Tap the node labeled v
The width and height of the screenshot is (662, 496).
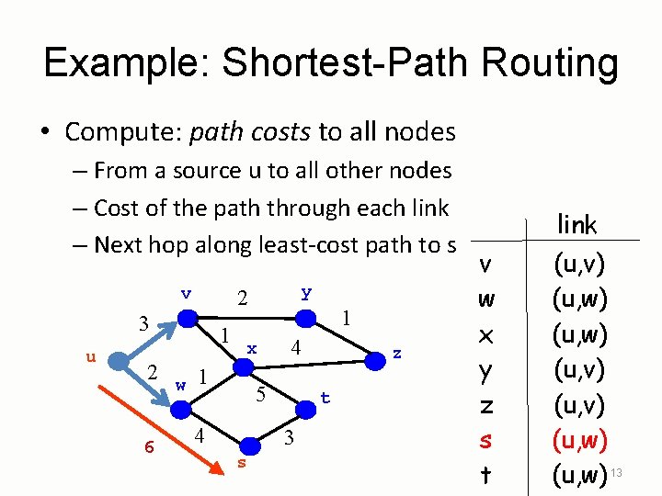point(188,318)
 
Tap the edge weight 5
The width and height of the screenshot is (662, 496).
point(261,396)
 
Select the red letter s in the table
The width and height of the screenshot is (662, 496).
point(486,440)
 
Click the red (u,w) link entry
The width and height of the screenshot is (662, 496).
point(578,440)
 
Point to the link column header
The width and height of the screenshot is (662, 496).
point(577,224)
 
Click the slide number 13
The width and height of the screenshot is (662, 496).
point(617,472)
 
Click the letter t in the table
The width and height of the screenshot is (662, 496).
point(486,476)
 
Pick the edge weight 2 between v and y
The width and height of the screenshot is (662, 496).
point(243,299)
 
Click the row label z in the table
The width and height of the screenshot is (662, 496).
point(486,405)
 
